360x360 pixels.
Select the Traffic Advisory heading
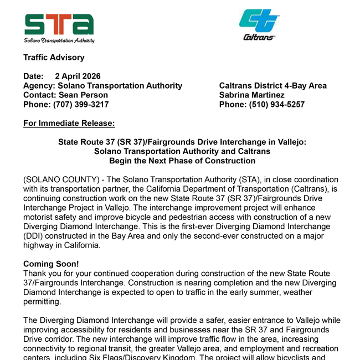[54, 58]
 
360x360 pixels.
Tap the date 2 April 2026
[78, 76]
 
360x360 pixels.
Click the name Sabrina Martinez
[252, 95]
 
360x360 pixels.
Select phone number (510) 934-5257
[277, 104]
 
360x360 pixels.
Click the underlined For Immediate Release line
[69, 123]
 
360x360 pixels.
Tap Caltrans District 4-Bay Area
[273, 86]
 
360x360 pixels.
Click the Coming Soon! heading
[51, 264]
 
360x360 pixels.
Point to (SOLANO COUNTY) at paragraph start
[54, 179]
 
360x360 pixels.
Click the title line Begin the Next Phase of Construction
[182, 161]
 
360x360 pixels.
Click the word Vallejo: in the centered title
[290, 142]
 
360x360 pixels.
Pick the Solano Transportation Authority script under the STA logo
[59, 40]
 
